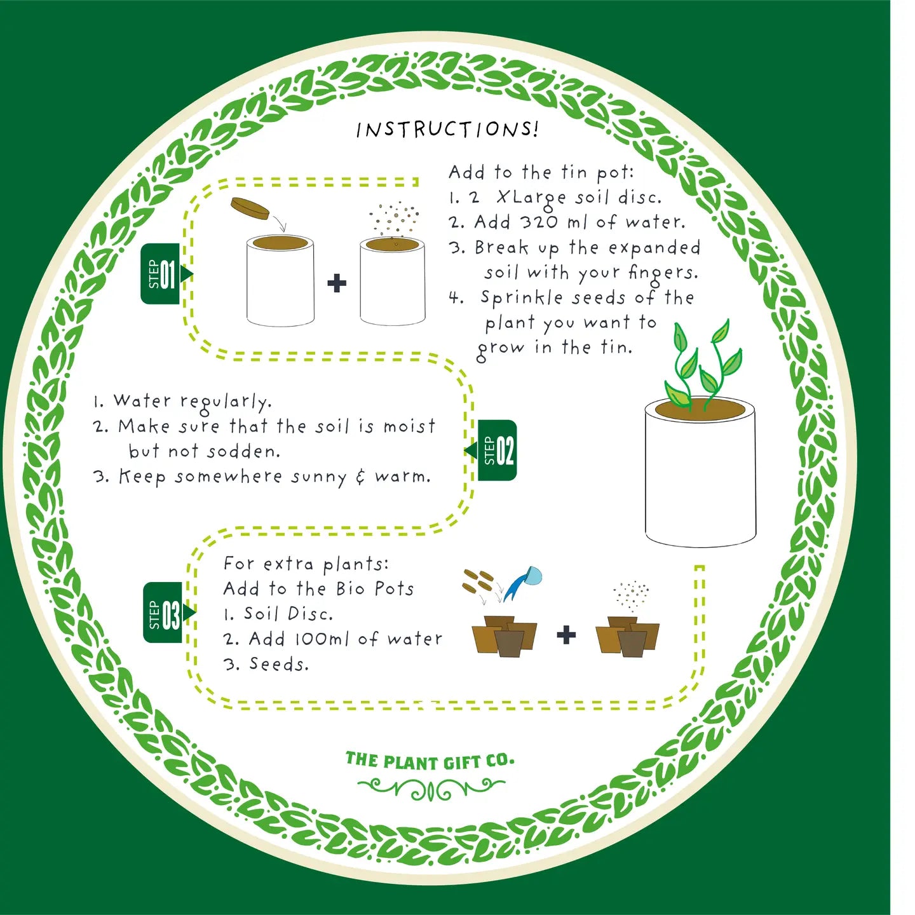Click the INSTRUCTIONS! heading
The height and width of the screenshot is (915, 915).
click(447, 129)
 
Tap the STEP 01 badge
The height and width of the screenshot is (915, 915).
click(161, 274)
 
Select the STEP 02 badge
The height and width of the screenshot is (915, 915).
click(498, 451)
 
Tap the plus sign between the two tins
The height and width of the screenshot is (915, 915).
click(337, 283)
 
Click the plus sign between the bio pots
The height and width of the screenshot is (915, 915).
click(566, 634)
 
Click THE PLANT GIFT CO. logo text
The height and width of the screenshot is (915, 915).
click(430, 761)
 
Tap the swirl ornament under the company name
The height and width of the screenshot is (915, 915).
click(431, 789)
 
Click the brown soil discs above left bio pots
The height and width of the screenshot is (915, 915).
click(478, 579)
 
